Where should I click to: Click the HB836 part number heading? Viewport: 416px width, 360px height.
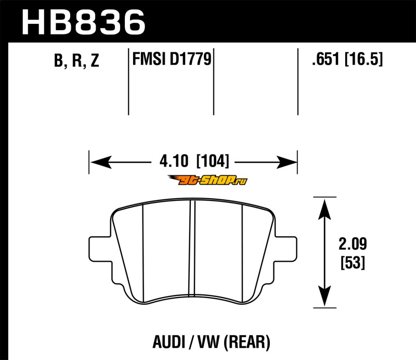coord(84,22)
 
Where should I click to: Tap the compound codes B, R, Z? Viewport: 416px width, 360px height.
coord(76,60)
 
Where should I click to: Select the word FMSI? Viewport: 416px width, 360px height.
coord(149,59)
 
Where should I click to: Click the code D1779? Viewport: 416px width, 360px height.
coord(190,59)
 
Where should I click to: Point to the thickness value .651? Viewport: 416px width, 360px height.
coord(326,59)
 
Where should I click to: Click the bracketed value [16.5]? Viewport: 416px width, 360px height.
coord(363,59)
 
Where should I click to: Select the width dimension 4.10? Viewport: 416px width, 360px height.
coord(174,161)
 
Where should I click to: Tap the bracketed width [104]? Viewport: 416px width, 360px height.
coord(212,161)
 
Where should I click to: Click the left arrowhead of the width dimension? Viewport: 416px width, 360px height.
coord(101,162)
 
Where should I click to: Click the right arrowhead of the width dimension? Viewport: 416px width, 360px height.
coord(287,162)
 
